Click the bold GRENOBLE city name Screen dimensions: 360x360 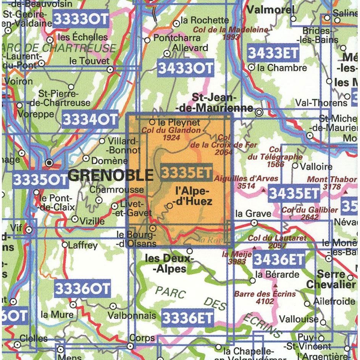pyautogui.click(x=110, y=175)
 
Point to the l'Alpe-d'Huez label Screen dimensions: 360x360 pyautogui.click(x=193, y=196)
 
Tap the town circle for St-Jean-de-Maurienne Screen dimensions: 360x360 pyautogui.click(x=259, y=112)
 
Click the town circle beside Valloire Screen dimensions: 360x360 pyautogui.click(x=295, y=166)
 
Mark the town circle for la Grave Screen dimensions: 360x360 pyautogui.click(x=254, y=222)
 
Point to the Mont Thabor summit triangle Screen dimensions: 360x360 pyautogui.click(x=345, y=191)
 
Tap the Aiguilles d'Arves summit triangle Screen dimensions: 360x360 pyautogui.click(x=263, y=190)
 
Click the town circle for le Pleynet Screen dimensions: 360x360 pyautogui.click(x=152, y=122)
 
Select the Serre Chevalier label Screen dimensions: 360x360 pyautogui.click(x=331, y=280)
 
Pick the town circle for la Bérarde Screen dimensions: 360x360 pyautogui.click(x=252, y=281)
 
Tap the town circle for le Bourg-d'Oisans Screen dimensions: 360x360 pyautogui.click(x=153, y=228)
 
